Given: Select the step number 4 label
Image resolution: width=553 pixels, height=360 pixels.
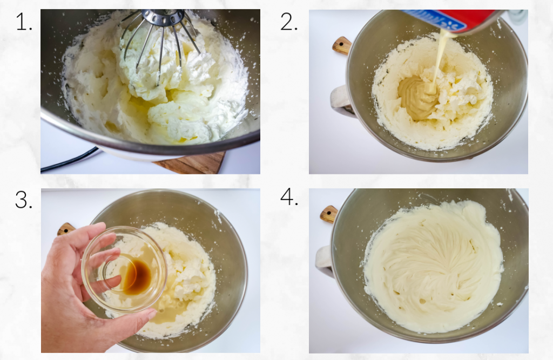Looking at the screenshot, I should click(x=289, y=198).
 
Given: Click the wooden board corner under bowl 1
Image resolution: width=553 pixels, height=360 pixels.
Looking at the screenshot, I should click(x=194, y=163).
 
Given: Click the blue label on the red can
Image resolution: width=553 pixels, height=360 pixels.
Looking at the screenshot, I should click(x=432, y=18).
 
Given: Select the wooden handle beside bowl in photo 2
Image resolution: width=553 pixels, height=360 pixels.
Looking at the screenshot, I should click(x=341, y=45).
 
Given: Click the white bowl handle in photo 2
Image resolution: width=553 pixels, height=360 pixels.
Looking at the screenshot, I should click(x=340, y=100).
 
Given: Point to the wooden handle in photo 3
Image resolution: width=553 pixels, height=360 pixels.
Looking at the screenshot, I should click(x=66, y=229).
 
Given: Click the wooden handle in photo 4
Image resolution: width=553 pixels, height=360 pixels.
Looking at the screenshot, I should click(x=328, y=214).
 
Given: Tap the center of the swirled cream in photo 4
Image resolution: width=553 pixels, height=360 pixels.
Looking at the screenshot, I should click(x=432, y=264).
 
